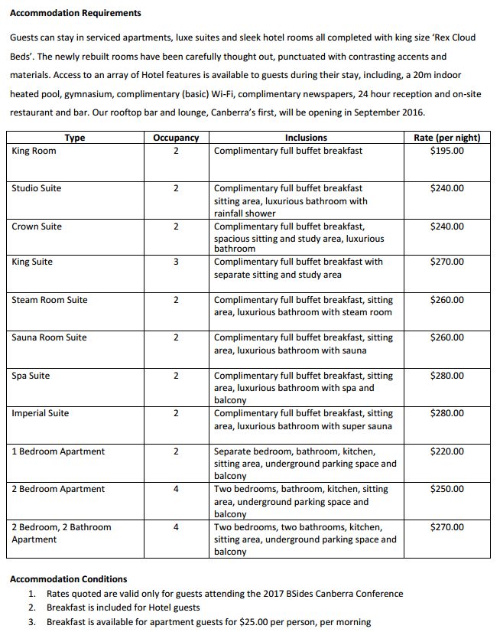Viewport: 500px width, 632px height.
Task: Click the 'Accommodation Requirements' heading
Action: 75,13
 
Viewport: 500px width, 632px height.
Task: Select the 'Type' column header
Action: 75,138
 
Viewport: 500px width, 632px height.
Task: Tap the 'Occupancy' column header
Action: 176,138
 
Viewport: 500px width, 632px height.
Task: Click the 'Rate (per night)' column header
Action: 447,138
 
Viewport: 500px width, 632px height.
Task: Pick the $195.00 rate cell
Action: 447,151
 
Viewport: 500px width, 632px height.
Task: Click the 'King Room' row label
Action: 34,151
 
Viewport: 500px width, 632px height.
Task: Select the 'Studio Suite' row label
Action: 37,188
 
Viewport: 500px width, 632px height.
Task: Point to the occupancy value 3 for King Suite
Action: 176,262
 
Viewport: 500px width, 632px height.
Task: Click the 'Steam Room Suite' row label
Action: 50,300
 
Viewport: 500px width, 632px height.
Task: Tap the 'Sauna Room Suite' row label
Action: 50,337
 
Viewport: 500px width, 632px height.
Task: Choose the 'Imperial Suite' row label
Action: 40,413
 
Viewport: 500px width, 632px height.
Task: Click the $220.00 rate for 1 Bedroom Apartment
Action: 447,451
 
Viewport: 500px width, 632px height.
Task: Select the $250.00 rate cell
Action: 447,489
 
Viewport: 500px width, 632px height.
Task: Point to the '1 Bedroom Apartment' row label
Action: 58,451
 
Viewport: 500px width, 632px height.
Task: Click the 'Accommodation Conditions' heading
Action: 68,579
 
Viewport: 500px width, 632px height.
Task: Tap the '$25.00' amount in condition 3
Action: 254,622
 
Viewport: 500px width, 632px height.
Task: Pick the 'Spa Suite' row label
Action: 31,376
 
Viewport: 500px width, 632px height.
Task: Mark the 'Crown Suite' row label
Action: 37,226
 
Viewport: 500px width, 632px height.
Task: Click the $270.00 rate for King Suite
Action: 447,262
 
